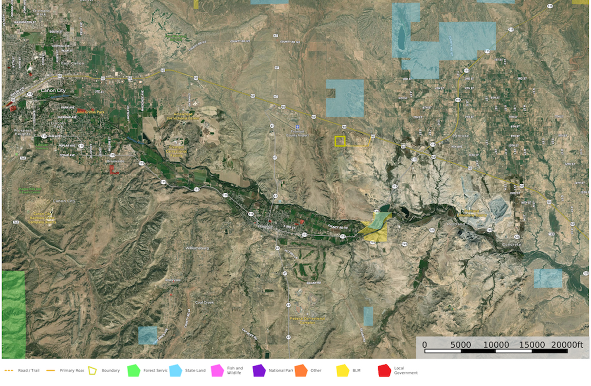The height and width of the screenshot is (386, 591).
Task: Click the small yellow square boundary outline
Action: click(x=340, y=141)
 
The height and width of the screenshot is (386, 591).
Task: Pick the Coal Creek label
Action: click(x=204, y=302)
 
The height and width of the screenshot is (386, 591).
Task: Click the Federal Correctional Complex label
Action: click(x=307, y=320)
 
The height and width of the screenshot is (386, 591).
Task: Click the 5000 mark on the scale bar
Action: click(x=460, y=344)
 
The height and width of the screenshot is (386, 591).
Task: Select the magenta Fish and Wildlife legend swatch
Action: click(x=216, y=370)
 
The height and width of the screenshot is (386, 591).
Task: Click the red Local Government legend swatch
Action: click(x=384, y=370)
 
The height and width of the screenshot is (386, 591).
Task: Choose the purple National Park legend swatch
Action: click(x=258, y=370)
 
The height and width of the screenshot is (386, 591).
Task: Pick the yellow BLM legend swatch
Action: click(x=342, y=370)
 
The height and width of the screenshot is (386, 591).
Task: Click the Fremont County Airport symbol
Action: click(x=297, y=128)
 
